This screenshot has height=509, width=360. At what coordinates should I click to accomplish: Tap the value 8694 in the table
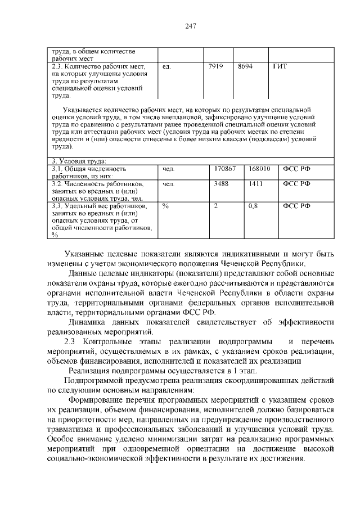(x=245, y=66)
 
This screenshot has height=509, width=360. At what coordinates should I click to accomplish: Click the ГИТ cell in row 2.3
(x=280, y=66)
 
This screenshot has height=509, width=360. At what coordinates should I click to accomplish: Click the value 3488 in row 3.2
(x=221, y=183)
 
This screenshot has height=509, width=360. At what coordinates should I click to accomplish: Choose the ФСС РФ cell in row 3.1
(x=296, y=168)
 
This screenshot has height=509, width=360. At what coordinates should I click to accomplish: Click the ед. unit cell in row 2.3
(x=166, y=66)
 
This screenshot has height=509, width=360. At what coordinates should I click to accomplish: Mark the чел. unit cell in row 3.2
(x=168, y=183)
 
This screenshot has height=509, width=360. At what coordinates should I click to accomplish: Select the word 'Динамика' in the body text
(x=90, y=322)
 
